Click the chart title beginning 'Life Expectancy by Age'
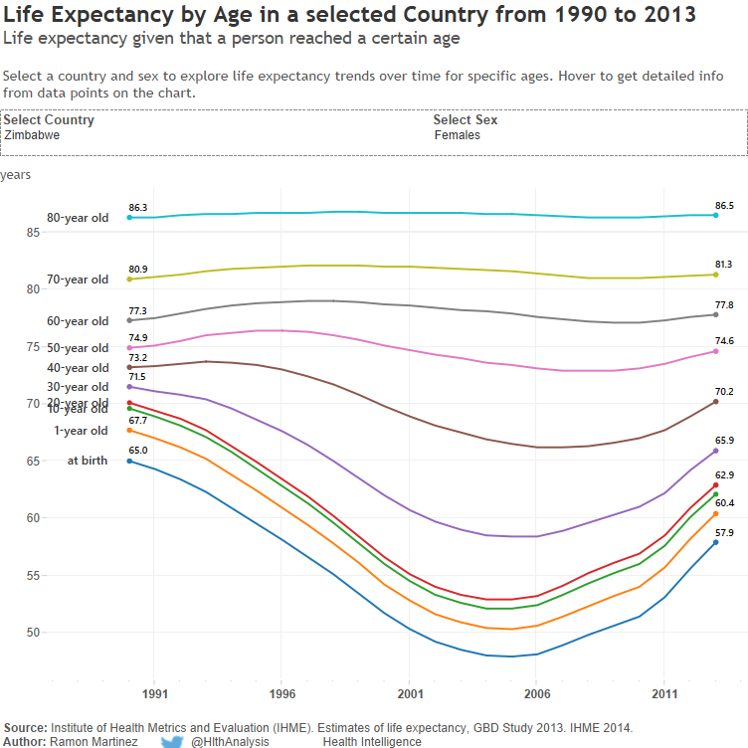click(x=349, y=16)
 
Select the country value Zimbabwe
click(x=32, y=135)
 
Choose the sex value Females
click(x=458, y=135)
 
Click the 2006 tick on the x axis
click(x=537, y=693)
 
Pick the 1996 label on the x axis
click(x=282, y=693)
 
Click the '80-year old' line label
click(x=78, y=218)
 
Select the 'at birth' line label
click(x=88, y=462)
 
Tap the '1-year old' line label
click(x=82, y=432)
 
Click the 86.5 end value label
click(x=724, y=206)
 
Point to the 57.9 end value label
click(x=724, y=533)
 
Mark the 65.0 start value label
click(x=138, y=451)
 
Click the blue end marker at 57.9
click(x=715, y=542)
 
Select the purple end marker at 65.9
click(x=715, y=451)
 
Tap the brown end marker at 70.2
click(x=715, y=402)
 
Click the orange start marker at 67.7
click(x=129, y=431)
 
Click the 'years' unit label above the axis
click(x=16, y=175)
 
